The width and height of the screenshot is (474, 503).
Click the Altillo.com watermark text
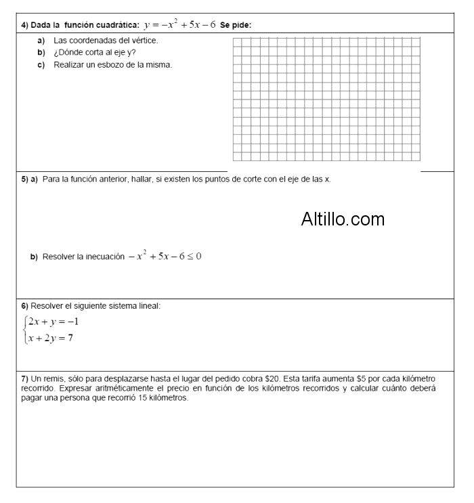pos(343,219)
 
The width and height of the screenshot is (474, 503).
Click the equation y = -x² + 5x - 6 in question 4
pos(179,25)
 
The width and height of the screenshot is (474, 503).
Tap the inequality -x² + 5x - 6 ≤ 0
pos(165,257)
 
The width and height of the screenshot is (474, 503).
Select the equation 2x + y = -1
pos(53,322)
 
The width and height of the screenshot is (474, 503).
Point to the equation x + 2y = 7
pos(51,338)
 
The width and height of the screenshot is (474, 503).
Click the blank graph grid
pos(326,99)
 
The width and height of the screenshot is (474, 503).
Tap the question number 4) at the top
pos(24,26)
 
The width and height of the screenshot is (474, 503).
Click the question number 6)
pos(24,306)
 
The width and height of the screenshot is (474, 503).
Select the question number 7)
pos(24,378)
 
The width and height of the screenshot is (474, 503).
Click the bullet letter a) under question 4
pos(41,41)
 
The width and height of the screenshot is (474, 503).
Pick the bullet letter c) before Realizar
pos(41,65)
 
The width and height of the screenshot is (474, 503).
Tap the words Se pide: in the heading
pos(236,26)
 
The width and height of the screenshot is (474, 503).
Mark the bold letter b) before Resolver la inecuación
pos(33,257)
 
